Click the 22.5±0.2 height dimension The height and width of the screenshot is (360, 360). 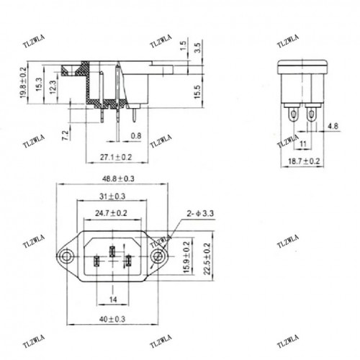pos(207,258)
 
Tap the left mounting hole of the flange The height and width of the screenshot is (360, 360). pos(66,256)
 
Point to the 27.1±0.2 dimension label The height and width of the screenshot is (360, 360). pos(107,156)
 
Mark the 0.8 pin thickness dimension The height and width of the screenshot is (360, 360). pos(135,135)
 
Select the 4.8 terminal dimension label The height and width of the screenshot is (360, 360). pos(332,127)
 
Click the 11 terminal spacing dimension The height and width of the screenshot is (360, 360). pos(302,145)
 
